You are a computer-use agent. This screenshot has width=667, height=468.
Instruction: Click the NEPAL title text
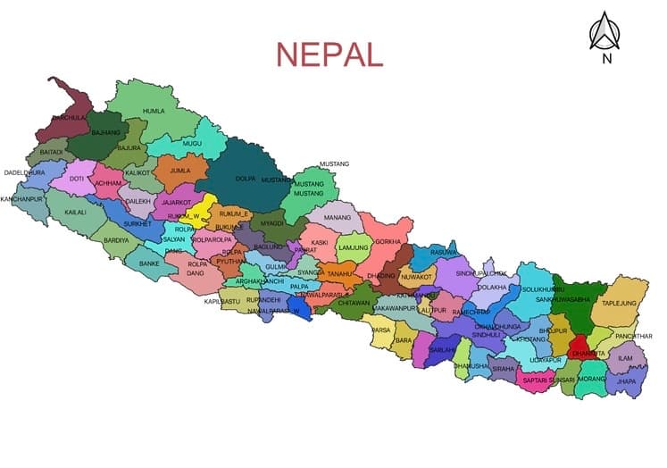pos(329,53)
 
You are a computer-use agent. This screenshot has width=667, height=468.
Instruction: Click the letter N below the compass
pos(607,60)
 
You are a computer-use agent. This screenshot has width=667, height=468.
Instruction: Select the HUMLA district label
pos(154,112)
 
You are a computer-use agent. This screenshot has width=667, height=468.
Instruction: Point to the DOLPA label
pos(245,178)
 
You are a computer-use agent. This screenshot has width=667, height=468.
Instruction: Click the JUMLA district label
pos(181,169)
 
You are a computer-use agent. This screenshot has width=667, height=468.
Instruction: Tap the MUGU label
pos(192,143)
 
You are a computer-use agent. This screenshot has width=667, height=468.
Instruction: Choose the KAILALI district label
pos(76,213)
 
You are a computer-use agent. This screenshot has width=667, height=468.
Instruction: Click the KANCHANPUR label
pos(21,198)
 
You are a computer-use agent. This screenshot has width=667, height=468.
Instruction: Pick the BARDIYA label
pos(116,240)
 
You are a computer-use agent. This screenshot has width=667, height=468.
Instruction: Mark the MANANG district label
pos(338,217)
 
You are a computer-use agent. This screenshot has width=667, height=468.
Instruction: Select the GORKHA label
pos(388,242)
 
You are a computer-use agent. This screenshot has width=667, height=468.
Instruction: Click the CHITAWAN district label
pos(354,303)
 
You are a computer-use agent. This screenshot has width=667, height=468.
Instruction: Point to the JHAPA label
pos(626,381)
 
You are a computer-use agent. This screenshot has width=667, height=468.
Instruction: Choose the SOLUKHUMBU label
pos(544,290)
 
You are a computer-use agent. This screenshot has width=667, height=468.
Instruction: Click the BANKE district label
pos(148,263)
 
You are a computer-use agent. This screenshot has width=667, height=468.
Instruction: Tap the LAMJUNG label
pos(354,247)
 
